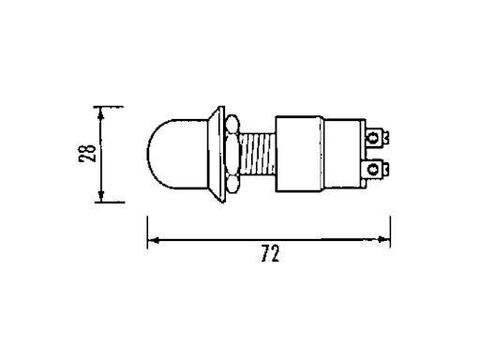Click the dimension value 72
272,253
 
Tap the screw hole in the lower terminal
376,168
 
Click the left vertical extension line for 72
147,230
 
